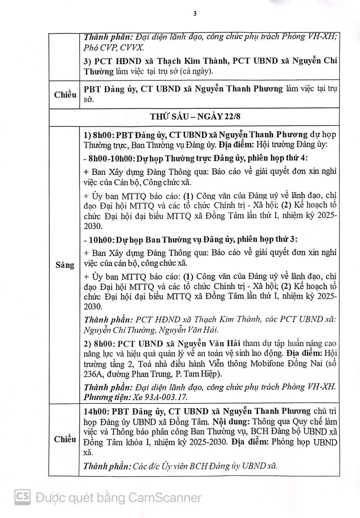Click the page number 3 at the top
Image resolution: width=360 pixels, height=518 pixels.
coord(195,14)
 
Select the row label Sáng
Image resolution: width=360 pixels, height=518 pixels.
coord(65,265)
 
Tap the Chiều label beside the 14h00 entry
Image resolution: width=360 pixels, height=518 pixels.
coord(65,439)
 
